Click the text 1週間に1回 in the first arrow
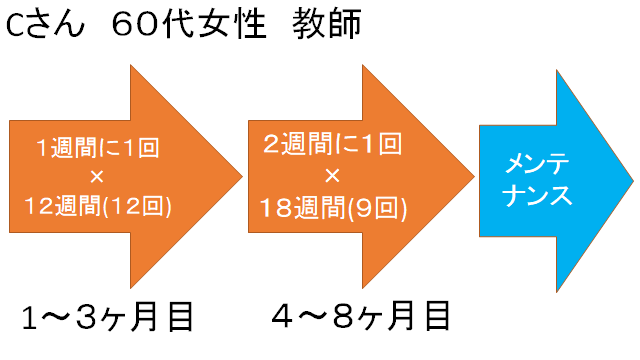pyautogui.click(x=98, y=150)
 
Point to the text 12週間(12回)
pyautogui.click(x=98, y=208)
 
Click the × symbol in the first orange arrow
pyautogui.click(x=97, y=179)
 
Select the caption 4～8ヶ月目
pyautogui.click(x=361, y=317)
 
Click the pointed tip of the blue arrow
pyautogui.click(x=630, y=179)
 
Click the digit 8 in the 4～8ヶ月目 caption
pyautogui.click(x=342, y=317)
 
